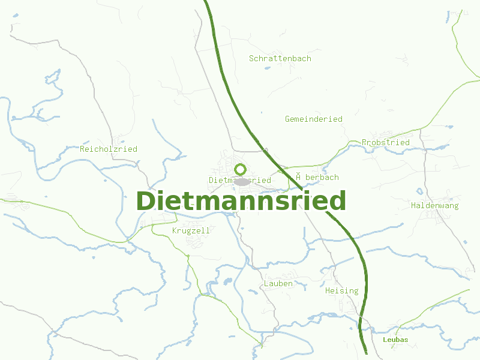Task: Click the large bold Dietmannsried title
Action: tap(241, 200)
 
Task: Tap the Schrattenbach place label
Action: tap(280, 59)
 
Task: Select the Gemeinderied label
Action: tap(314, 119)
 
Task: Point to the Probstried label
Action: tap(386, 142)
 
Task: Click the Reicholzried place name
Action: tap(109, 149)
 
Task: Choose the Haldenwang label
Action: tap(435, 205)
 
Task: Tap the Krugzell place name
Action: tap(191, 230)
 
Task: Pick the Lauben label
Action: tap(278, 283)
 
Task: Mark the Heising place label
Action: tap(341, 290)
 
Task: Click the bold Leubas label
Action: tap(395, 340)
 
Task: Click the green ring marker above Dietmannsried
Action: tap(241, 169)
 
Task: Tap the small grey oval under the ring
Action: tap(242, 181)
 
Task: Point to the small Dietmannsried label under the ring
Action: tap(240, 180)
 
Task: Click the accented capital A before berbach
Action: tap(298, 176)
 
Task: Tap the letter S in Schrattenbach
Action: tap(252, 59)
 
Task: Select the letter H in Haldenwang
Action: tap(414, 205)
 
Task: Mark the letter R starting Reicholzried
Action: tap(83, 149)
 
